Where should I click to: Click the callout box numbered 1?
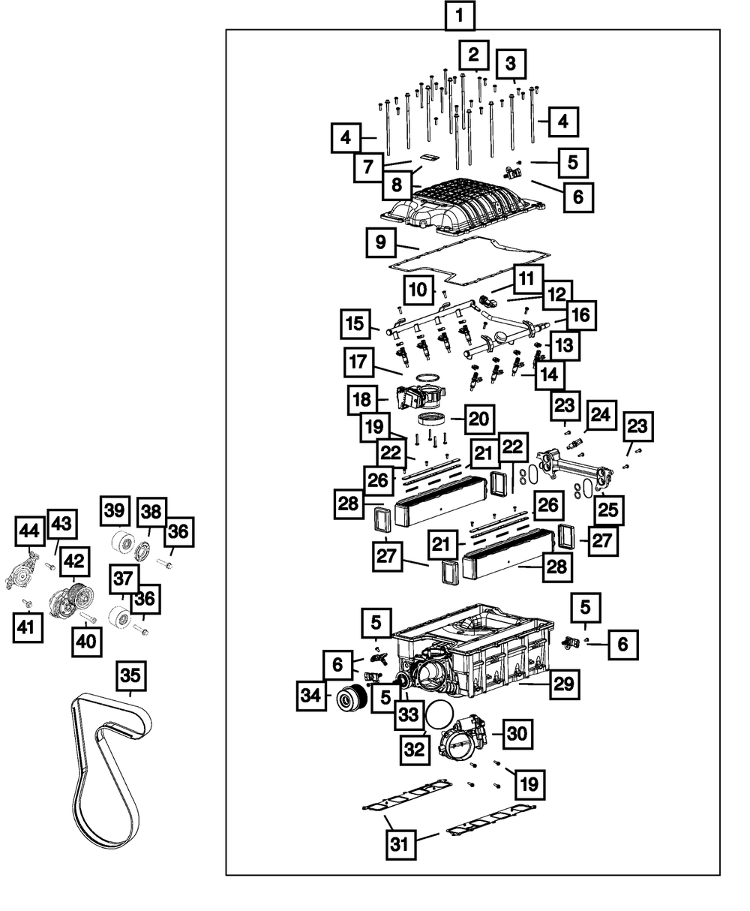460,16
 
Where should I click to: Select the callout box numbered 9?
381,242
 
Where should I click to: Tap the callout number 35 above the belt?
130,676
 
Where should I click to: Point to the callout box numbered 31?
401,845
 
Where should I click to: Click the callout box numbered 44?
30,531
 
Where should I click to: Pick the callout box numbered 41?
28,627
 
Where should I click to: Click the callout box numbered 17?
358,362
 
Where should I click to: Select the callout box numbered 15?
355,324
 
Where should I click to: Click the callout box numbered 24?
601,415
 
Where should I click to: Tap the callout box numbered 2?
473,55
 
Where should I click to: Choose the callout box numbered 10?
418,290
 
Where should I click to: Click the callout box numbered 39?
115,510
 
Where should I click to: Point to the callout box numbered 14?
550,374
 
